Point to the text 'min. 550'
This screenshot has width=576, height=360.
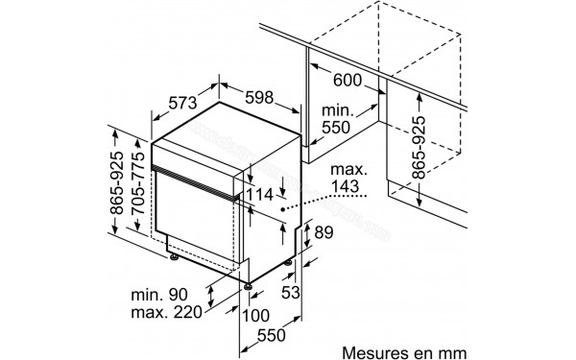click(338, 117)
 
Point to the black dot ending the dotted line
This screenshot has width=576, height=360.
click(282, 207)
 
